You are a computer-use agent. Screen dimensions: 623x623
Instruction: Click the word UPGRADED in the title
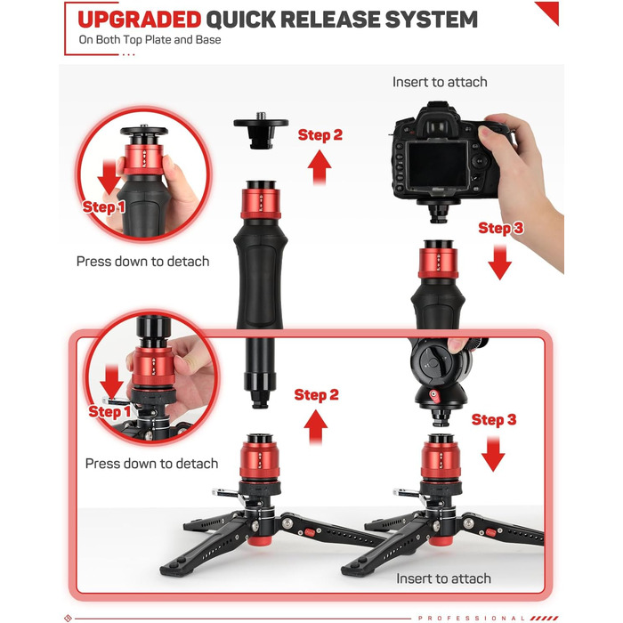tap(140, 20)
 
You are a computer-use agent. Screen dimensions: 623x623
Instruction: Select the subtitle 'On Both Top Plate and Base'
tap(150, 40)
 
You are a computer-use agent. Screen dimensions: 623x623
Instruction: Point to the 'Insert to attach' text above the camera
tap(440, 82)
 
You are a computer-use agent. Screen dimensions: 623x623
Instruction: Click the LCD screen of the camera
tap(438, 165)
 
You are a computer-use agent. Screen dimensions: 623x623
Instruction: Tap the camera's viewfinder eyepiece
tap(437, 126)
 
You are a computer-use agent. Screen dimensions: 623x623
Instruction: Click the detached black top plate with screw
tap(261, 129)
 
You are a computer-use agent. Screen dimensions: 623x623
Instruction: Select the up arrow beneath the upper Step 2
tap(320, 167)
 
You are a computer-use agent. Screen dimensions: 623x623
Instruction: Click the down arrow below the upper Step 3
tap(500, 263)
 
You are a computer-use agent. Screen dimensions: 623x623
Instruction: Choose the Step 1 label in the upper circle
tap(104, 207)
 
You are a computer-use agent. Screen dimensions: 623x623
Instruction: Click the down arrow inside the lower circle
tap(111, 382)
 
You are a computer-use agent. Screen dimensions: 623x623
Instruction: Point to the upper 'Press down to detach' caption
tap(143, 262)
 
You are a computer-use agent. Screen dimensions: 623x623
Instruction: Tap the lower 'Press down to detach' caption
tap(152, 464)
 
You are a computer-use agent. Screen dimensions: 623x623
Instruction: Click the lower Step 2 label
tap(316, 395)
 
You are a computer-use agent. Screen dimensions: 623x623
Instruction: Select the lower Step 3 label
tap(494, 420)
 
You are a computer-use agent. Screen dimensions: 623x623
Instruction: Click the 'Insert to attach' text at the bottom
tap(444, 578)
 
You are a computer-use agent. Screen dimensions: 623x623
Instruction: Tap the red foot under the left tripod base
tap(260, 540)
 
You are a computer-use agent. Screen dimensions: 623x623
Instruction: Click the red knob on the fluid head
tap(434, 396)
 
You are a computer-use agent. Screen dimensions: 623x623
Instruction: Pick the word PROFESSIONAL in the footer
tap(471, 619)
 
